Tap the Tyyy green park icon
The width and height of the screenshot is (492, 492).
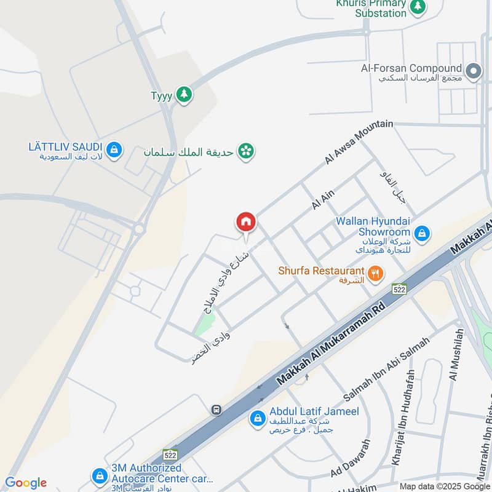click(183, 95)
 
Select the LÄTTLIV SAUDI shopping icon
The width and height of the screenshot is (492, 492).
click(114, 149)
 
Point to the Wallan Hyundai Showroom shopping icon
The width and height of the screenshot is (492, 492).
click(422, 233)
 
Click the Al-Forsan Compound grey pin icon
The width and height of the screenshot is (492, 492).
click(473, 73)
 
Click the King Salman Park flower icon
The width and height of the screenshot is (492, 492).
click(246, 151)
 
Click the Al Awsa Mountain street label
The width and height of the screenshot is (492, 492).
click(359, 143)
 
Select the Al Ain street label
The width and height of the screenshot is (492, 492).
click(323, 200)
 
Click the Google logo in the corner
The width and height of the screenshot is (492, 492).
click(25, 483)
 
